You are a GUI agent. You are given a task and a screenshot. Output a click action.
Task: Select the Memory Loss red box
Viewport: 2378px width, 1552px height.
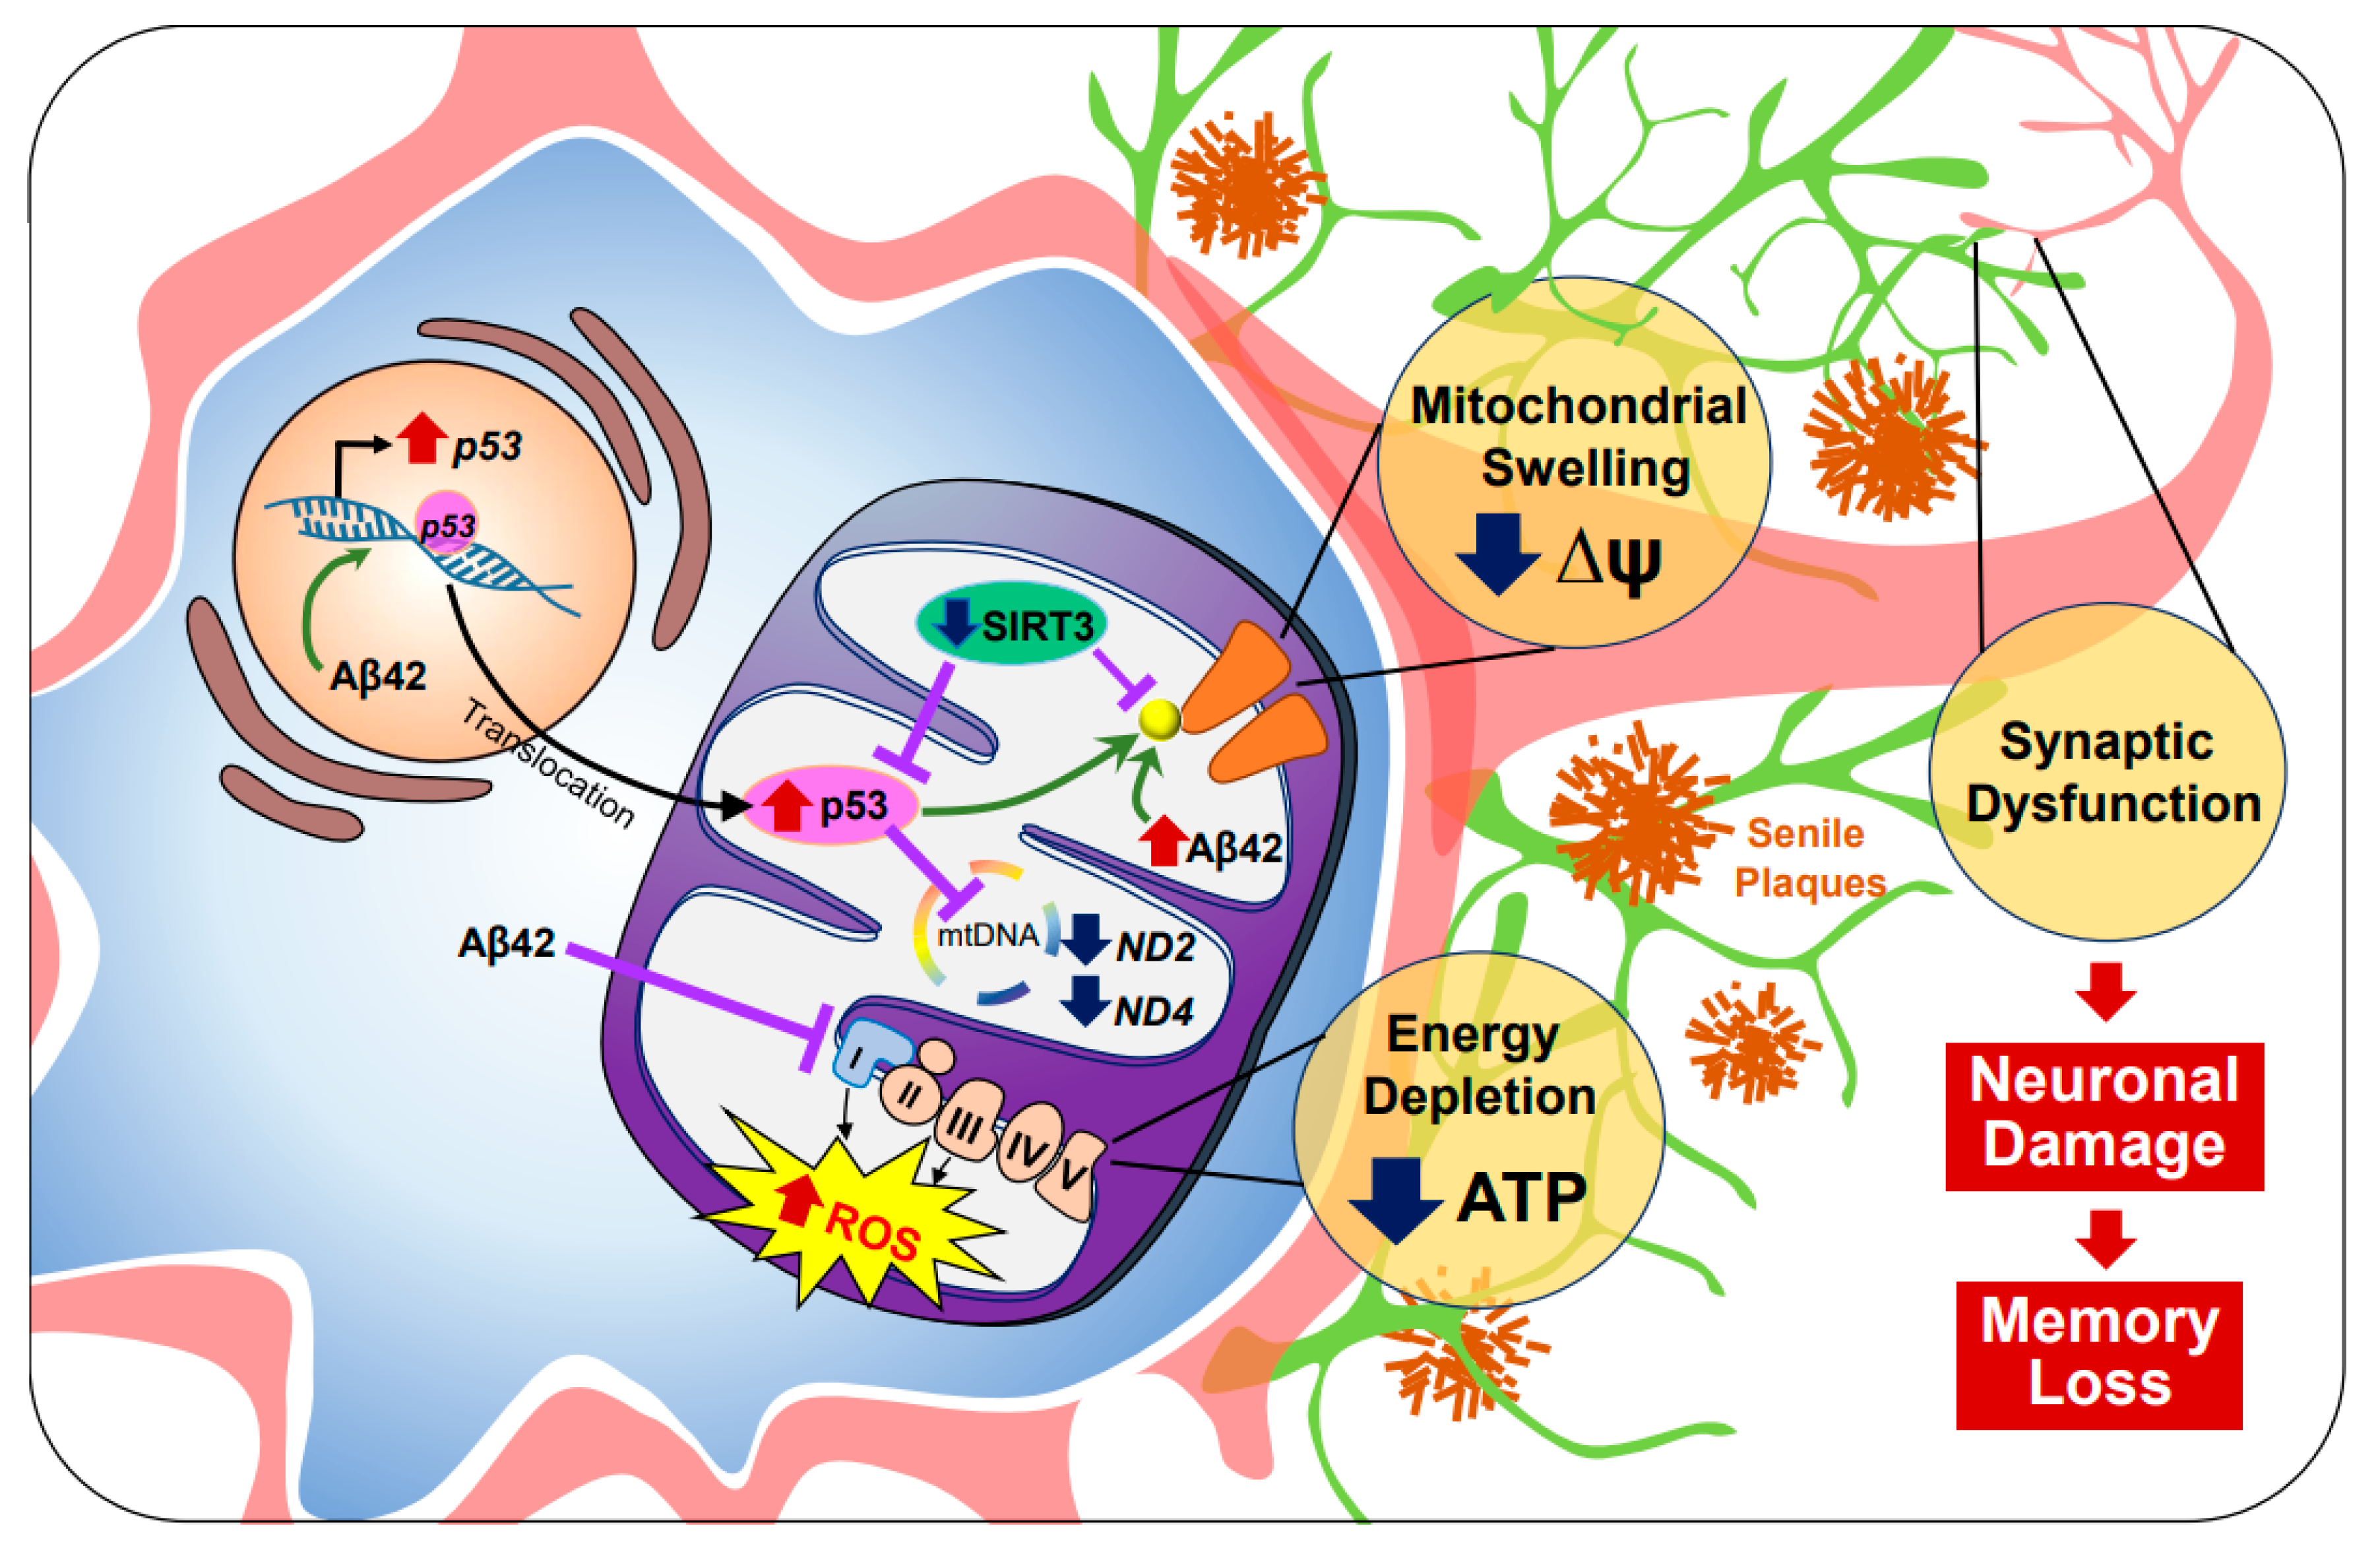(x=2099, y=1353)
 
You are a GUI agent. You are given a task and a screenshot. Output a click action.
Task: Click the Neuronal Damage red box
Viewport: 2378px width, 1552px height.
(x=2103, y=1115)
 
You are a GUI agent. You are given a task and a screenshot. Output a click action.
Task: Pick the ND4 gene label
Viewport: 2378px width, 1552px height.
(x=1153, y=1012)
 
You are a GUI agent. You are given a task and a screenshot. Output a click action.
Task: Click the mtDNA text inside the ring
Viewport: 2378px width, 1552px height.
(x=987, y=936)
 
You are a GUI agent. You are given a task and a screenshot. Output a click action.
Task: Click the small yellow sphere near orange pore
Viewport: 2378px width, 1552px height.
(x=1160, y=719)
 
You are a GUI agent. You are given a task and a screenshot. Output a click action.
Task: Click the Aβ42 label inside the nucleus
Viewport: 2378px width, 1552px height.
(x=378, y=676)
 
